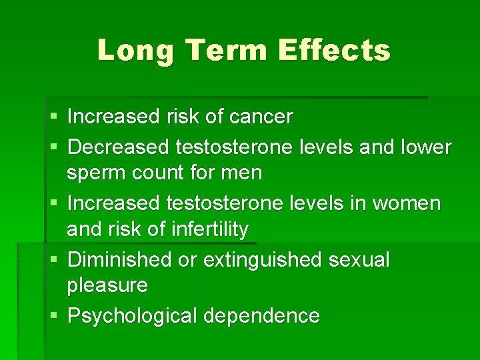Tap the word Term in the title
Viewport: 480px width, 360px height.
point(213,50)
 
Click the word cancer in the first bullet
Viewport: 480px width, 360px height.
point(261,117)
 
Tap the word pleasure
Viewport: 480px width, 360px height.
point(107,286)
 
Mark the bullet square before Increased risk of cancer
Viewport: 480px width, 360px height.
point(54,117)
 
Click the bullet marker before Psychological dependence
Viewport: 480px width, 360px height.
point(54,316)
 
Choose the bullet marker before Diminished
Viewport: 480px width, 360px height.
point(54,260)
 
